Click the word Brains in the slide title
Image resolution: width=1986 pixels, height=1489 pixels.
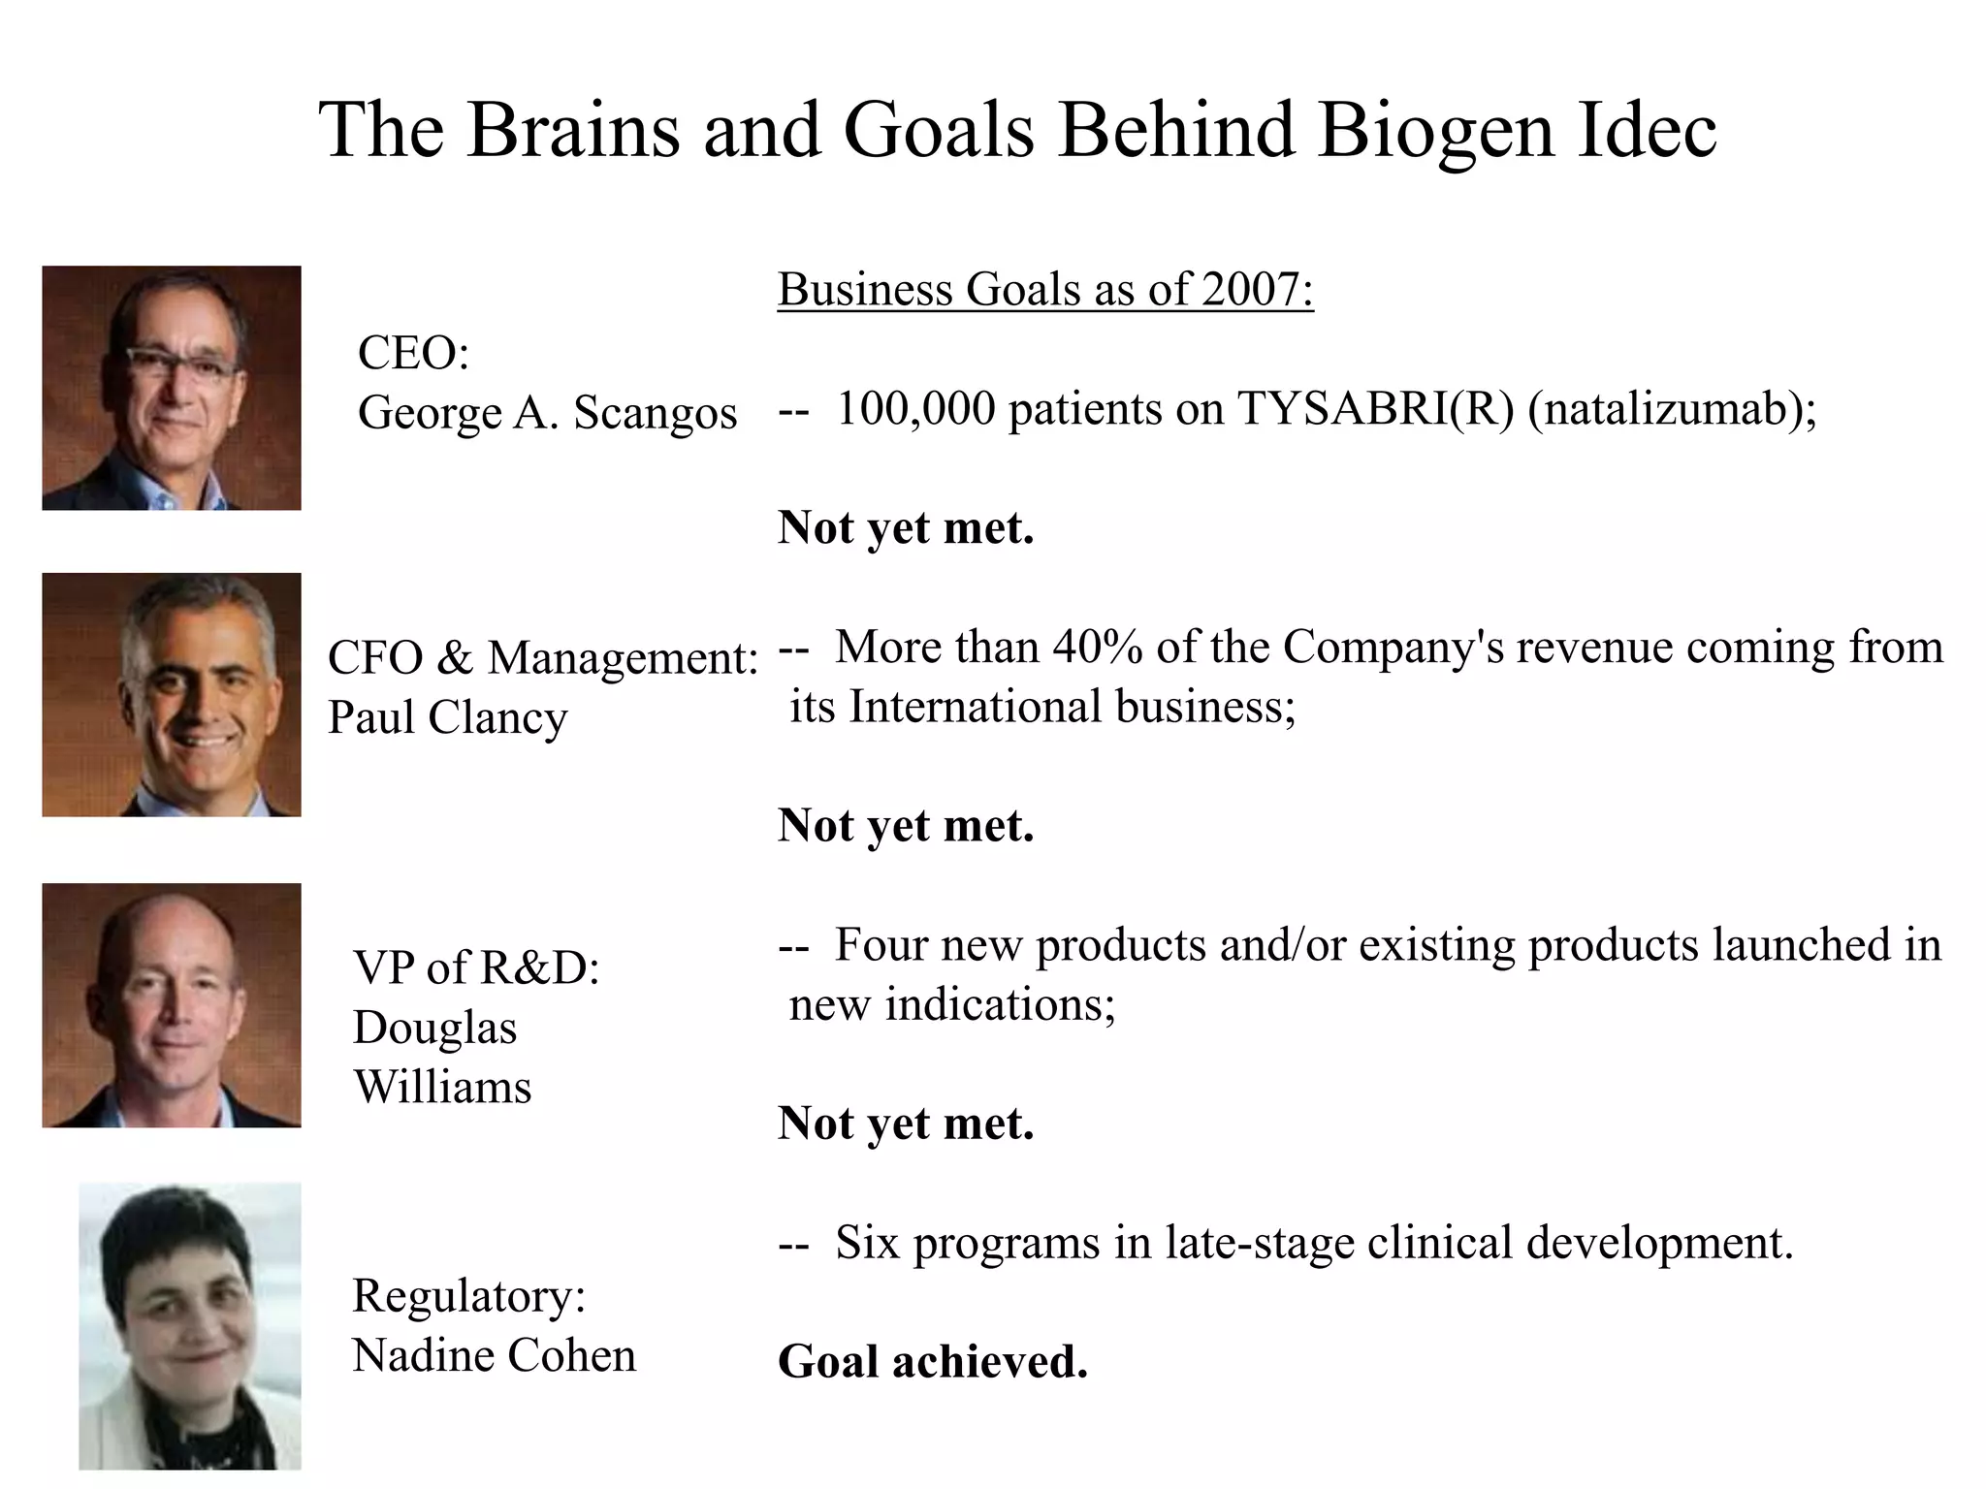[x=573, y=130]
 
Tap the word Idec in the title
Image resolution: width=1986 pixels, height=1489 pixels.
[x=1648, y=130]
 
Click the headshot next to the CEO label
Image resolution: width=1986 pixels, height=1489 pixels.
[x=172, y=388]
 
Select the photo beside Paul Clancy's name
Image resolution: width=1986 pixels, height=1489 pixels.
[x=172, y=695]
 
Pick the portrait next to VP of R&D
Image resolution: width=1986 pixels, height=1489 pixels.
[x=172, y=1005]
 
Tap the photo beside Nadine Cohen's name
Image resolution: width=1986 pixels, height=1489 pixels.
[x=190, y=1326]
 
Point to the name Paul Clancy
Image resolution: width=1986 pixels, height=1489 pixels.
[x=447, y=718]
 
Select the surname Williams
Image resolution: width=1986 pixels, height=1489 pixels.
[x=442, y=1087]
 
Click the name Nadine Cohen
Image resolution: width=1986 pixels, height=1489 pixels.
[x=494, y=1355]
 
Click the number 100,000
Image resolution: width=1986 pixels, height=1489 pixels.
[x=915, y=409]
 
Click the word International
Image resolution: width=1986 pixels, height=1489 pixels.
[x=975, y=707]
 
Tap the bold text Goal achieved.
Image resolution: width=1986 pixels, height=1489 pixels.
[x=933, y=1362]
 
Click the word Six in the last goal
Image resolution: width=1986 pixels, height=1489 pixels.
[x=867, y=1243]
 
